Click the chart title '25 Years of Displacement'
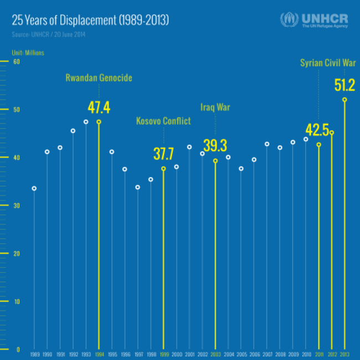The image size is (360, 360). [90, 20]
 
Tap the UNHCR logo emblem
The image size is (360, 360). [289, 20]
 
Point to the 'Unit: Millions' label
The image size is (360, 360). [28, 53]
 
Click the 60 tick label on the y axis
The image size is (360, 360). [17, 61]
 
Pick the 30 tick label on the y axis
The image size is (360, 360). [17, 205]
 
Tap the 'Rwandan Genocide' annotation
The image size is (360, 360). [99, 78]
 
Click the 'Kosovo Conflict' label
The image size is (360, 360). [163, 121]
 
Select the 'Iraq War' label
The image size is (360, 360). [215, 107]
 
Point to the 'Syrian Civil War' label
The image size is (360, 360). [328, 63]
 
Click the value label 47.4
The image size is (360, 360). [99, 107]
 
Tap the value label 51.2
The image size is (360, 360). [344, 85]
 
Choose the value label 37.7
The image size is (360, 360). [163, 153]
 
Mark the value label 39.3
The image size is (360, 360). [215, 145]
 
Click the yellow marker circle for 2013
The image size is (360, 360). [344, 100]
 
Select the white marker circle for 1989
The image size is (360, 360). [34, 188]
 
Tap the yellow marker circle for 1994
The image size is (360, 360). [99, 122]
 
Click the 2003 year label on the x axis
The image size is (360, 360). [215, 353]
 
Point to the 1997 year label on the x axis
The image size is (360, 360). [138, 353]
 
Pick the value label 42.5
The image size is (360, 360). [317, 130]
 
